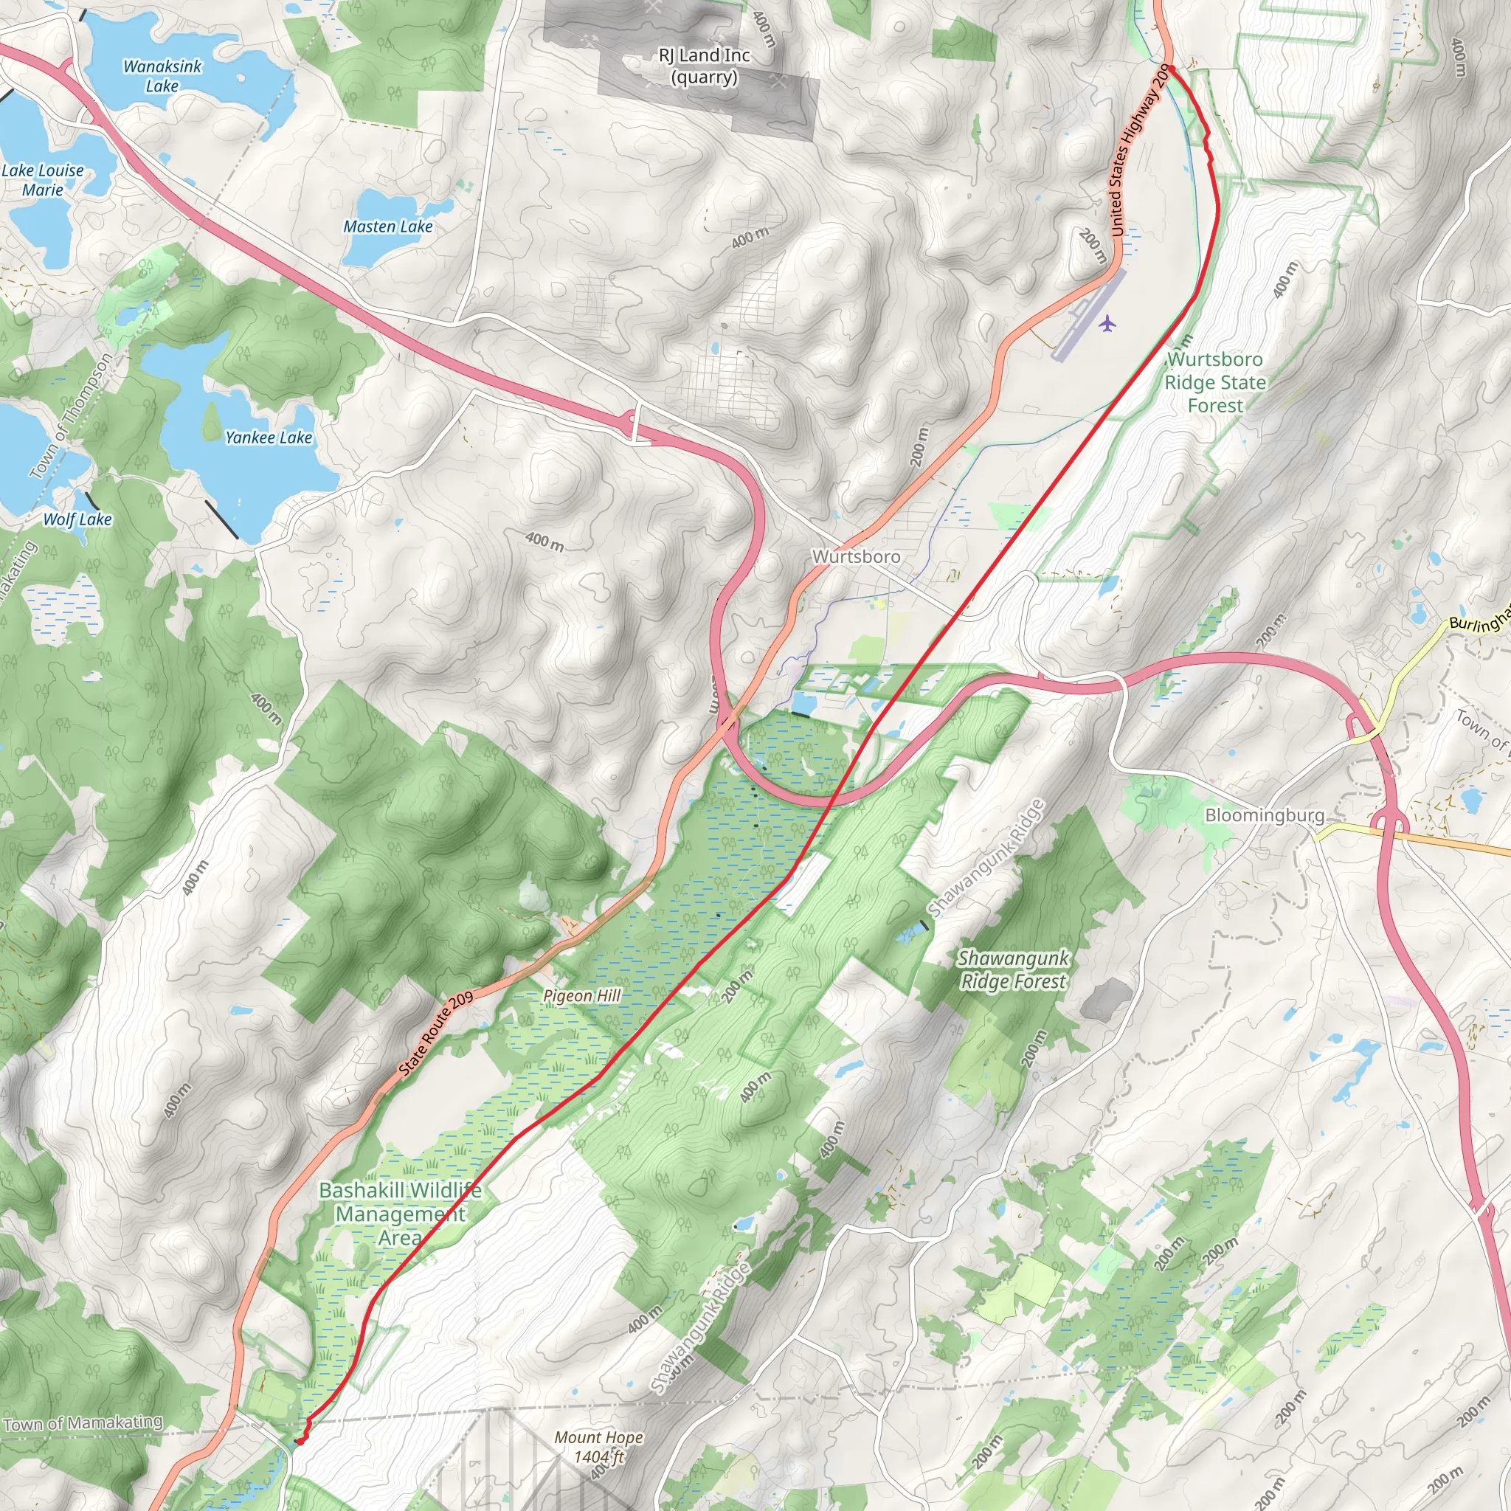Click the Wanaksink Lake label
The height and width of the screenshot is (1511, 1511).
[x=162, y=76]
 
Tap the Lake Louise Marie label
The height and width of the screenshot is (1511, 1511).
[x=43, y=180]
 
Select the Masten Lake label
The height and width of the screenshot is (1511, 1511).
[x=388, y=227]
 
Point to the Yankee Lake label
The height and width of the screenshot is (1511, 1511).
[x=269, y=438]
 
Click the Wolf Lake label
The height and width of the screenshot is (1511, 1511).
[x=77, y=519]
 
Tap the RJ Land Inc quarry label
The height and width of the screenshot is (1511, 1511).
[x=704, y=66]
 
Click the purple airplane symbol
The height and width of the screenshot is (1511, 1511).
[x=1107, y=322]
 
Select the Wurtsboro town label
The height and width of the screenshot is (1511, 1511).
[x=857, y=557]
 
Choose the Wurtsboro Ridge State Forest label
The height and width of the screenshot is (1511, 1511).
[x=1214, y=382]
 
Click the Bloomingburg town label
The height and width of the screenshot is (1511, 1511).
[x=1264, y=816]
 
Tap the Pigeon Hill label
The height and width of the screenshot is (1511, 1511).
[x=582, y=995]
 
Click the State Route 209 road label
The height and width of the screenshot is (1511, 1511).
[x=437, y=1032]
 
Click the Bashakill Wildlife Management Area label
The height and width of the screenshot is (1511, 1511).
[x=401, y=1214]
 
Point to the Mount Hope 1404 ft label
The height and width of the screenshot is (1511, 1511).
[x=599, y=1447]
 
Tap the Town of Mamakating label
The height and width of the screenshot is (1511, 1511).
[x=83, y=1423]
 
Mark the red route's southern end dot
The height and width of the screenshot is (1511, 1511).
[x=300, y=1441]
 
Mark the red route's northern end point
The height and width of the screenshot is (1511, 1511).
[x=1171, y=69]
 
